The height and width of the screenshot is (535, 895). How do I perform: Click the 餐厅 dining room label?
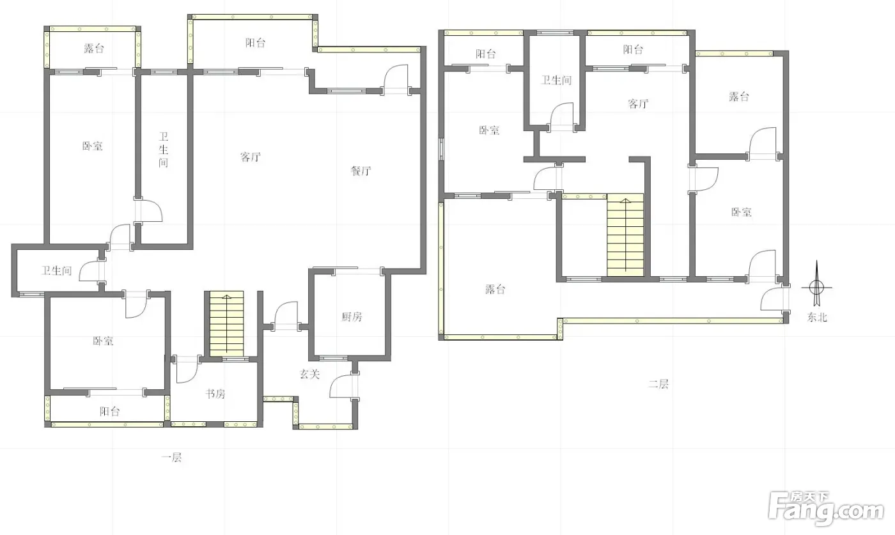tap(361, 171)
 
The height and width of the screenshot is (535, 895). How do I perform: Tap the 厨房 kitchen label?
tap(352, 317)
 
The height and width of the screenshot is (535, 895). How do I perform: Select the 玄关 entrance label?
tap(309, 374)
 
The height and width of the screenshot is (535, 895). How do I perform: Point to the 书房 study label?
tap(215, 394)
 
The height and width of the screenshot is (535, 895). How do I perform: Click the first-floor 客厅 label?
tap(251, 157)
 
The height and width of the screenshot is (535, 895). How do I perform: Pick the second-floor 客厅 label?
tap(638, 104)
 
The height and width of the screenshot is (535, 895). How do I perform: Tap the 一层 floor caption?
tap(171, 457)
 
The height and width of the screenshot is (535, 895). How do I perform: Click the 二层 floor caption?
tap(658, 384)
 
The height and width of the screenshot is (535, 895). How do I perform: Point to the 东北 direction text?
tap(817, 317)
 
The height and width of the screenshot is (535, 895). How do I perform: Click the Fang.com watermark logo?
tap(826, 508)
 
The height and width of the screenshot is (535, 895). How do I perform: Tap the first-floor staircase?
tap(226, 323)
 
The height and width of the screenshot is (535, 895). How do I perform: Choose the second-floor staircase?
tap(625, 235)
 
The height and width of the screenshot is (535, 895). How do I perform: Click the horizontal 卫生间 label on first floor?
tap(56, 271)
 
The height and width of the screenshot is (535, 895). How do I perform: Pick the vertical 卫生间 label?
tap(163, 150)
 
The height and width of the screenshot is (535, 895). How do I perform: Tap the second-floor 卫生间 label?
tap(556, 81)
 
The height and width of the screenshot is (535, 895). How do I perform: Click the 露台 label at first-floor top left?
tap(94, 49)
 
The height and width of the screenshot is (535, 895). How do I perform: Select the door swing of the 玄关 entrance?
tap(343, 386)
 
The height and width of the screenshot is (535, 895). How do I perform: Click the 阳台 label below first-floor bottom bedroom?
tap(109, 411)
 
